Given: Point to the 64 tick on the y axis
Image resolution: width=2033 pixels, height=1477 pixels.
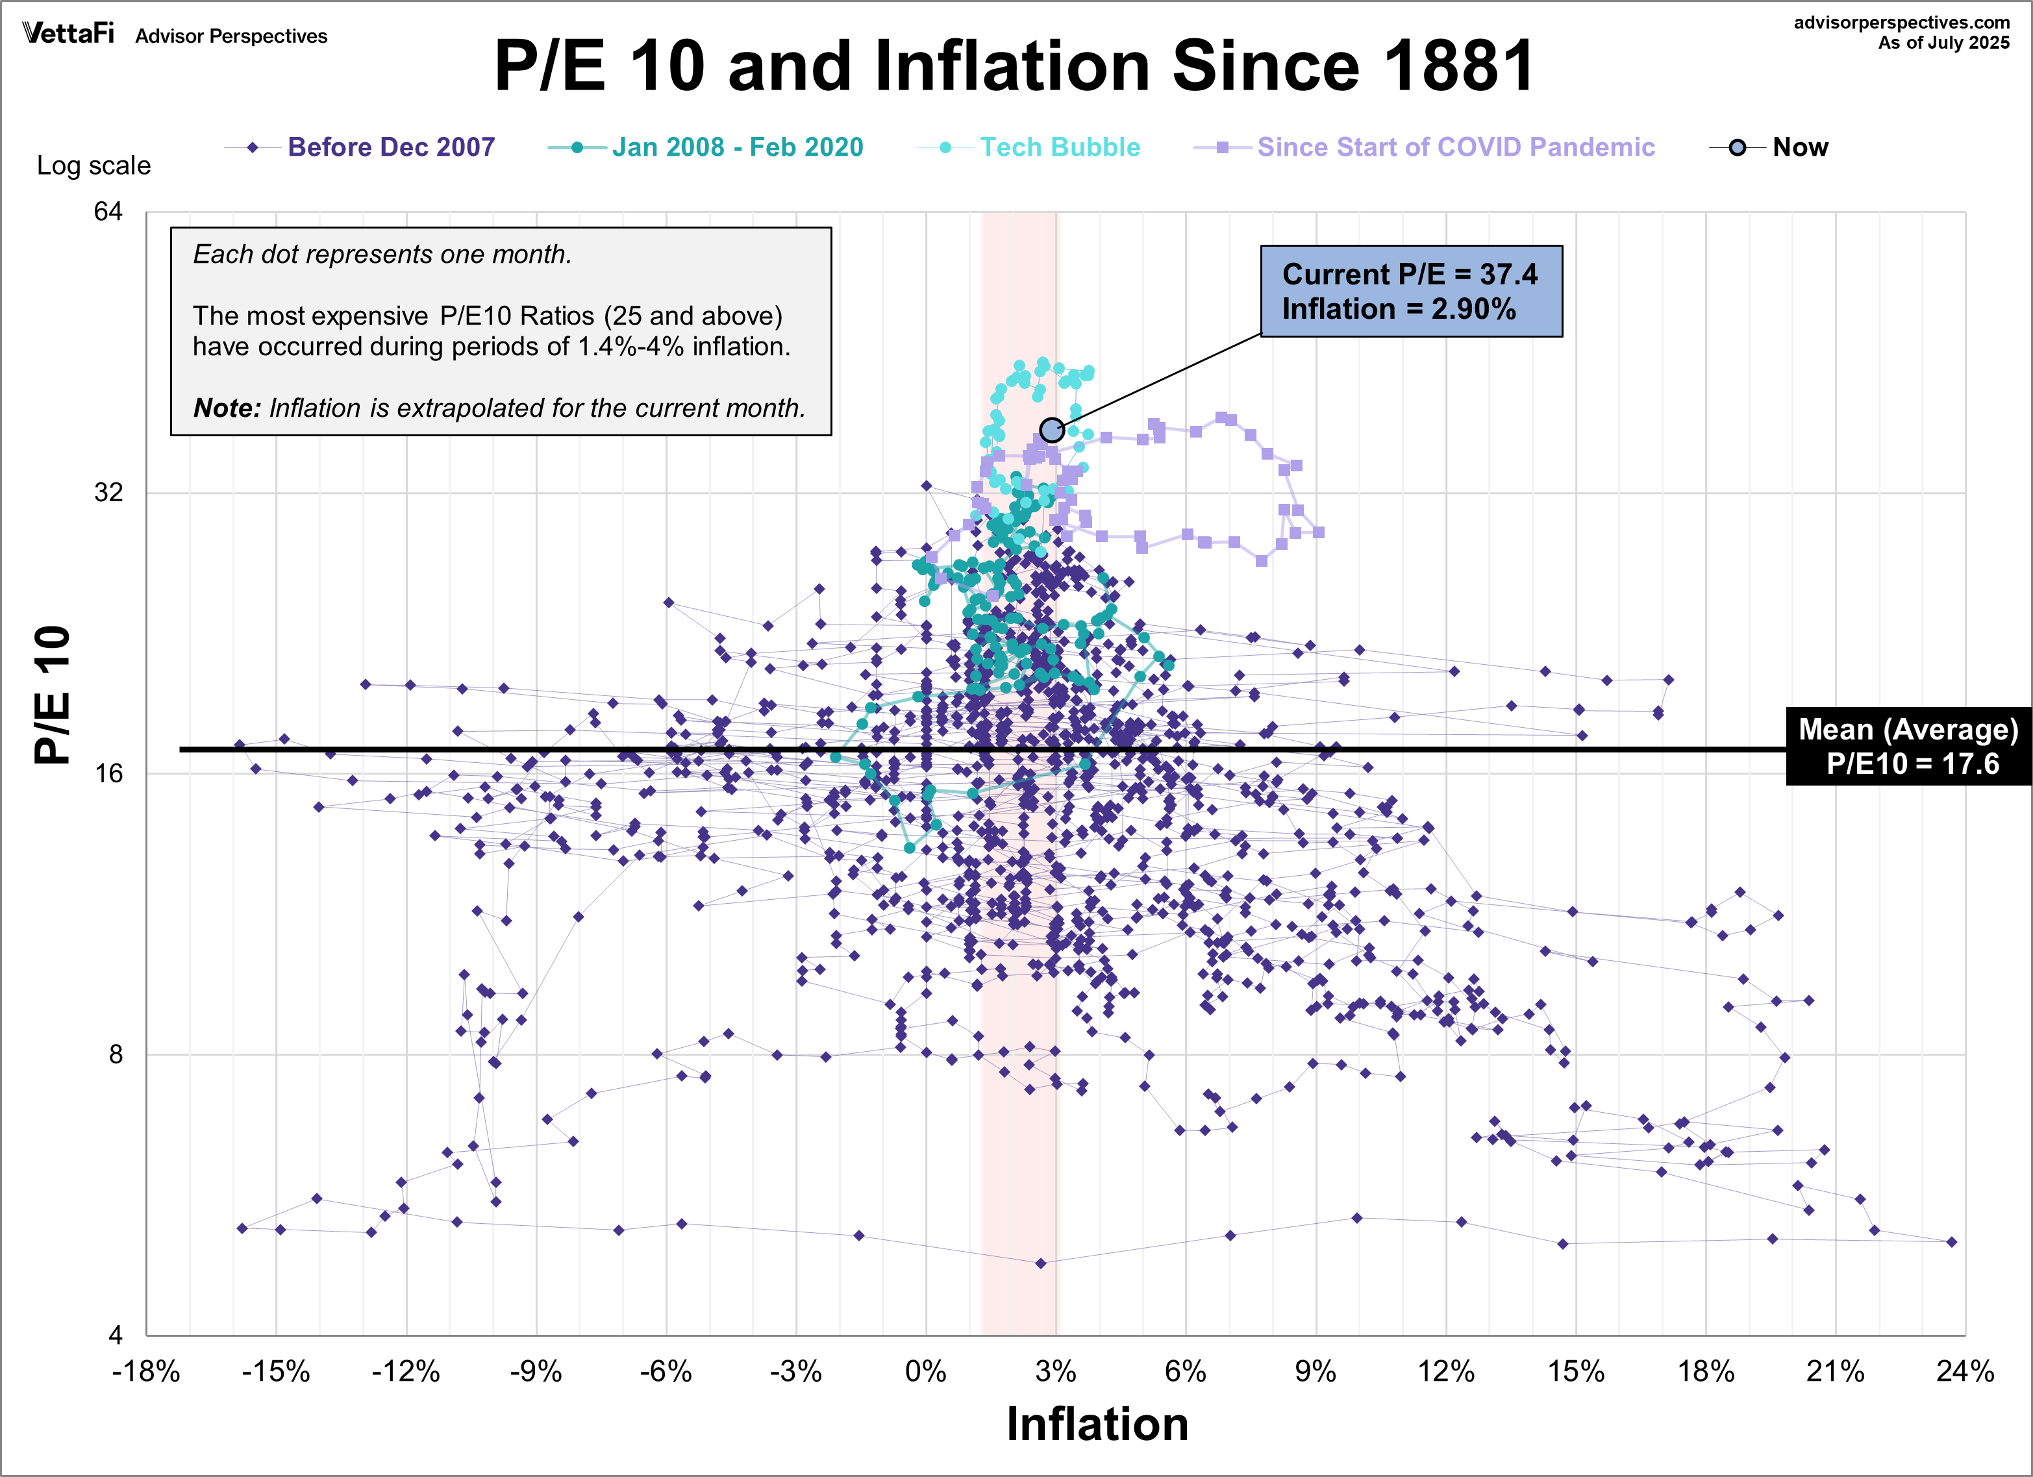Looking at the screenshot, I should pos(108,212).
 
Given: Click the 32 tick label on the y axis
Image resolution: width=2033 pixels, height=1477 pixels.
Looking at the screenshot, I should pos(108,492).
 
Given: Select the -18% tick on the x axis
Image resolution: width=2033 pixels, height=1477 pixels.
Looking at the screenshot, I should pos(146,1371).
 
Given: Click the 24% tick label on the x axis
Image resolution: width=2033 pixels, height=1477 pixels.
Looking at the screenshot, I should pos(1965,1371).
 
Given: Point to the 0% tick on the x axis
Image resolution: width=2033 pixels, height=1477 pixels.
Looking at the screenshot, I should pos(926,1371).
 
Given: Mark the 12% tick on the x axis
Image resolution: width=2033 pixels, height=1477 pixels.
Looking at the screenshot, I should pos(1446,1371).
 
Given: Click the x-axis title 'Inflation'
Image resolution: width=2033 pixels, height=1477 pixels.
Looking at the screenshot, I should pos(1097,1424).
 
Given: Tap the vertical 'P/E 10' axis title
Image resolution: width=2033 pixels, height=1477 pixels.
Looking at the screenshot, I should pos(52,695).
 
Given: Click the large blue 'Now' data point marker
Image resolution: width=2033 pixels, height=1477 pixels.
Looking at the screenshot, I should pos(1053,430).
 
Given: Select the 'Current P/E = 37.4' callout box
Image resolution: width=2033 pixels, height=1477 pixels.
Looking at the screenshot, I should pos(1411,292).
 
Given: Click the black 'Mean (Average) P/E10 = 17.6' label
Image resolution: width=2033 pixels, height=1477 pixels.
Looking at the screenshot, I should pos(1908,746).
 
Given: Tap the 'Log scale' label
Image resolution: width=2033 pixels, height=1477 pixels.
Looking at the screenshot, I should pos(94,166).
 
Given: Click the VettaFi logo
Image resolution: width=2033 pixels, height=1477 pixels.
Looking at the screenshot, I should pos(68,34).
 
